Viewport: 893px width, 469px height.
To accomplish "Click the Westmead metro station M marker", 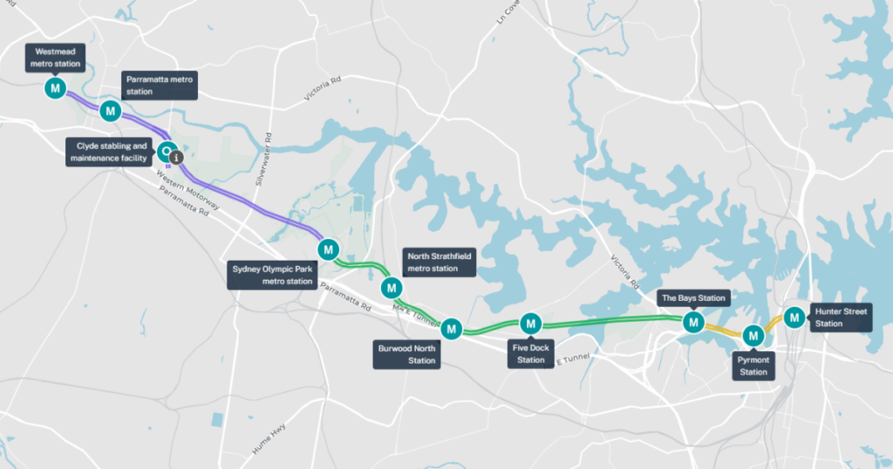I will [x=55, y=88].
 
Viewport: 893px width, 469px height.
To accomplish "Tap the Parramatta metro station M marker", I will [x=110, y=111].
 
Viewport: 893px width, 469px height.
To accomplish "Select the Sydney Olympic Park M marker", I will [x=329, y=249].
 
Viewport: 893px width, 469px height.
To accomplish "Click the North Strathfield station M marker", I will [x=392, y=288].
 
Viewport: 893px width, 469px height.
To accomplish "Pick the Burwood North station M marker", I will [x=451, y=329].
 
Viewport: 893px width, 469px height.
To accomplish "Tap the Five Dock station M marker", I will [x=531, y=323].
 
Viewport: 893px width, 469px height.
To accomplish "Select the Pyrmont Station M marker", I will [x=753, y=335].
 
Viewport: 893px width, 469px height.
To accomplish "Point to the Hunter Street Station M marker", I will [x=794, y=317].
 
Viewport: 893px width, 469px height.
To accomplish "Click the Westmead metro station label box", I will [x=55, y=58].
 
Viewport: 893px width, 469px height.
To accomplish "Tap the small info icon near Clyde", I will [x=176, y=158].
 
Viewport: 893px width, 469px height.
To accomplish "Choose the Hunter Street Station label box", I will [x=840, y=317].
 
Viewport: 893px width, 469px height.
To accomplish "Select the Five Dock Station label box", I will [x=530, y=353].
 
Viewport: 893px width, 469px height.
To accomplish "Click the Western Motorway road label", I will [x=187, y=191].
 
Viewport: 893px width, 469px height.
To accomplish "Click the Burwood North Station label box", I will [x=406, y=354].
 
